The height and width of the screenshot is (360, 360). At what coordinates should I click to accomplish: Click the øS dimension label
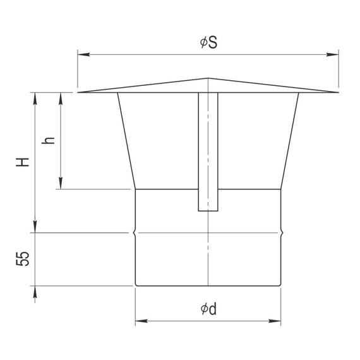208,42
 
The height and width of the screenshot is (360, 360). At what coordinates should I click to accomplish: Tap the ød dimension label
208,309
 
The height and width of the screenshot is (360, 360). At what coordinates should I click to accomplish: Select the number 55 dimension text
23,259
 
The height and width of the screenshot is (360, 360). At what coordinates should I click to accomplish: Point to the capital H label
23,162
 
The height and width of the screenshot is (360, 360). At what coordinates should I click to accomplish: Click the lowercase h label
48,140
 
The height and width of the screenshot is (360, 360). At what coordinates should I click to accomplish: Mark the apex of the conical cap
208,78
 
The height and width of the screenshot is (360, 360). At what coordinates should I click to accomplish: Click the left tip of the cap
78,92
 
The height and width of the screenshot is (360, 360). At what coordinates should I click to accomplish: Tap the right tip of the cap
339,92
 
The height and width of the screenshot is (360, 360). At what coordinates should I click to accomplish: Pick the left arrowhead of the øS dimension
83,55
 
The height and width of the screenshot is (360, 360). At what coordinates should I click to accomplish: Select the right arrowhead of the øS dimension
332,55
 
